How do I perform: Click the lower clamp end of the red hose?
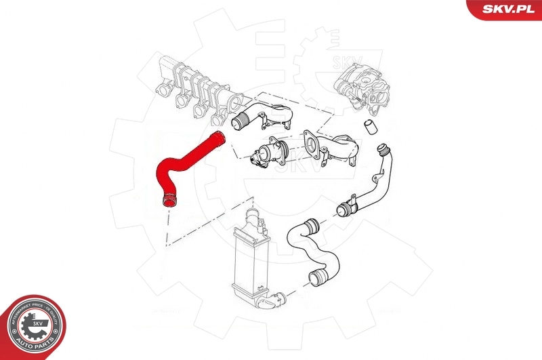168,199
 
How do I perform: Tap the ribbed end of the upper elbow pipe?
239,123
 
